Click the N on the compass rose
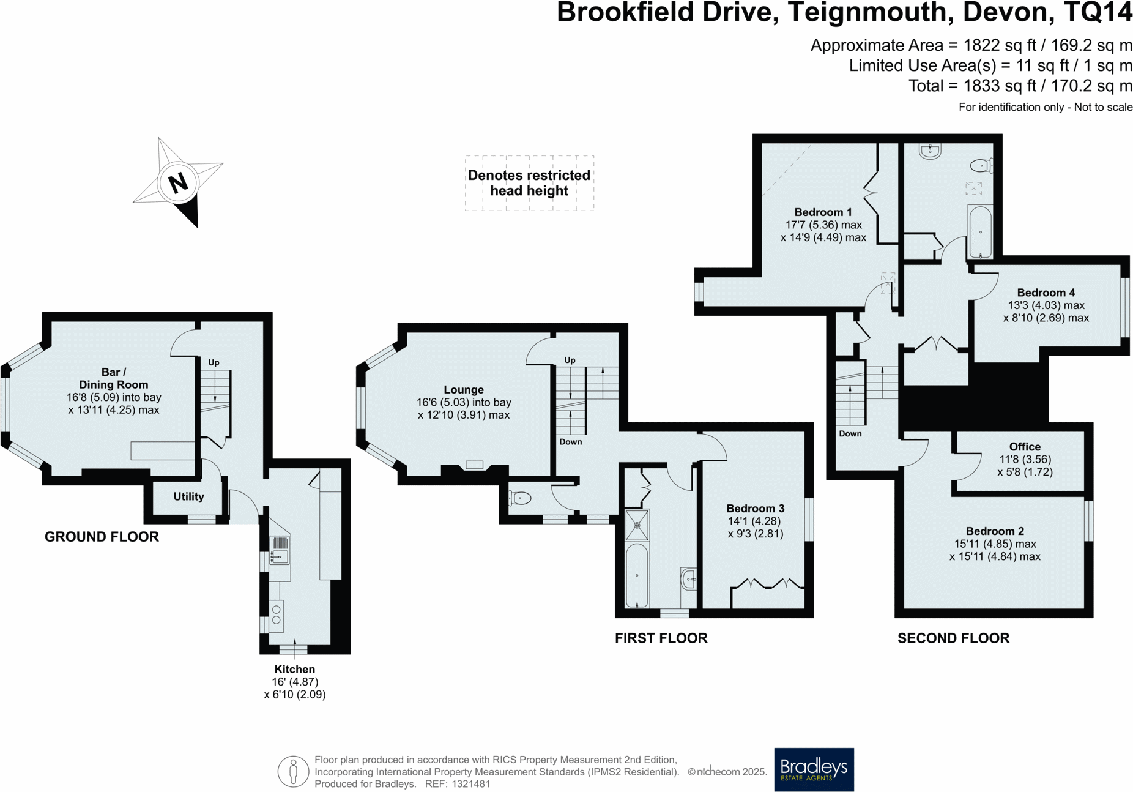point(178,182)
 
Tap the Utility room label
point(188,496)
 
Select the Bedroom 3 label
point(755,509)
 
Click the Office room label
point(1025,447)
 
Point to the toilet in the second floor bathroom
point(981,165)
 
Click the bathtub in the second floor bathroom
point(980,232)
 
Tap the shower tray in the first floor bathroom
point(637,525)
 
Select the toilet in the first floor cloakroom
point(520,499)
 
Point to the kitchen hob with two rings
point(277,616)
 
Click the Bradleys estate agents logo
point(814,769)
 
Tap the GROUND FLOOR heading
point(102,537)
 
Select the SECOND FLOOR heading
point(953,638)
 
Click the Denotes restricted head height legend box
point(529,183)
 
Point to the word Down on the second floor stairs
point(850,433)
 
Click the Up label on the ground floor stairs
point(214,362)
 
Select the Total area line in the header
point(1020,86)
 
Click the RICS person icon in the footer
point(293,771)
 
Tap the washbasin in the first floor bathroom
point(689,578)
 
